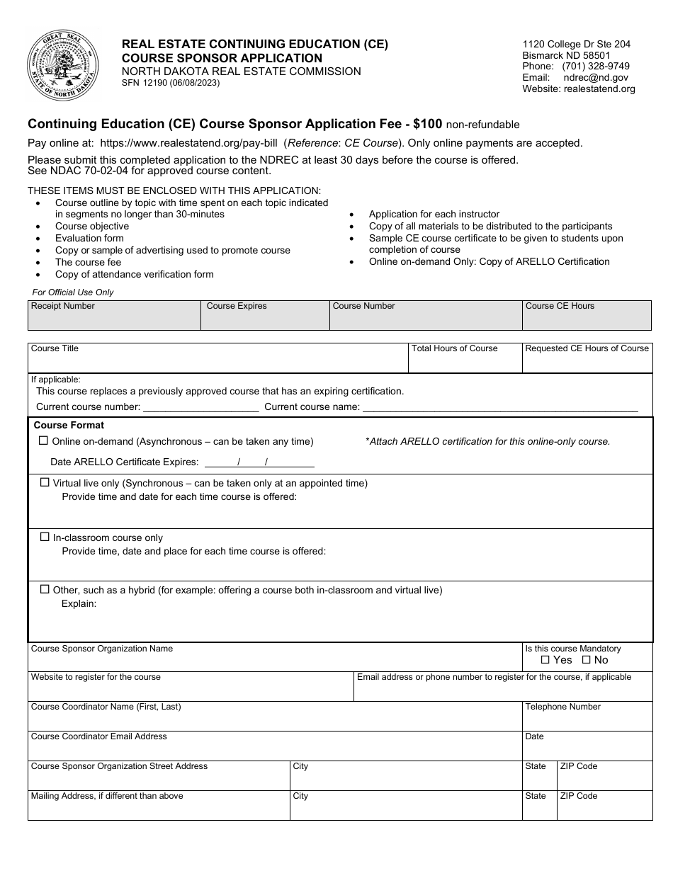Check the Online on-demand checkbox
pyautogui.click(x=43, y=440)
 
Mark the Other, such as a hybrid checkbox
pyautogui.click(x=45, y=589)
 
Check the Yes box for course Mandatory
pyautogui.click(x=545, y=660)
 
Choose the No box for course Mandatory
pyautogui.click(x=586, y=660)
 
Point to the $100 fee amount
pyautogui.click(x=428, y=124)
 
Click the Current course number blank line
pyautogui.click(x=200, y=408)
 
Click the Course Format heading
pyautogui.click(x=69, y=426)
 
